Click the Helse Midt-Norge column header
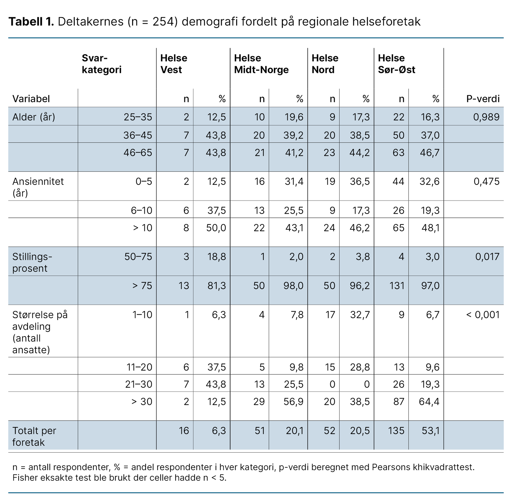tap(261, 64)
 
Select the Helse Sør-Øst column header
tap(396, 64)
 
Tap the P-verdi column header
tap(483, 99)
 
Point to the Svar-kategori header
tap(101, 64)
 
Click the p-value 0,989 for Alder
tap(486, 117)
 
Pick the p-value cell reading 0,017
tap(487, 257)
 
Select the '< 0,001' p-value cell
tap(483, 315)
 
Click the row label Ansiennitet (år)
tap(38, 187)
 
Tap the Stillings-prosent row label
tap(32, 262)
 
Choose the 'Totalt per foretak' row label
tap(34, 436)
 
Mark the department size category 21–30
tap(139, 384)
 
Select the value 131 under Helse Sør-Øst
tap(397, 285)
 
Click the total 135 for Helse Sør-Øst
tap(396, 431)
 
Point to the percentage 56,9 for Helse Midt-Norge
tap(293, 401)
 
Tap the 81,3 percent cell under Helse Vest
tap(216, 285)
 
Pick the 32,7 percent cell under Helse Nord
tap(360, 315)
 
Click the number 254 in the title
tap(163, 22)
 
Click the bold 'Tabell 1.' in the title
tap(31, 22)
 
